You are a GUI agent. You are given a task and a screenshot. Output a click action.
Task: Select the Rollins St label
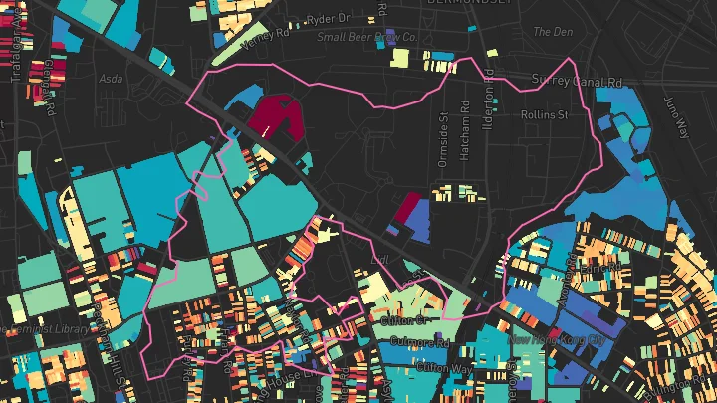545,114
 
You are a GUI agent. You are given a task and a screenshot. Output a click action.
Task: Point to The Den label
555,32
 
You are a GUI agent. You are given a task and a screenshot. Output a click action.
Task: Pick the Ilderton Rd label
490,98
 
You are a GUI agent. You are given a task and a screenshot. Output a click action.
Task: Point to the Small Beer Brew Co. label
366,38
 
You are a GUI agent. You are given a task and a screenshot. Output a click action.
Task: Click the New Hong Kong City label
558,341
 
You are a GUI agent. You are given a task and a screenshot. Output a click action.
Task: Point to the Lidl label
377,261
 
